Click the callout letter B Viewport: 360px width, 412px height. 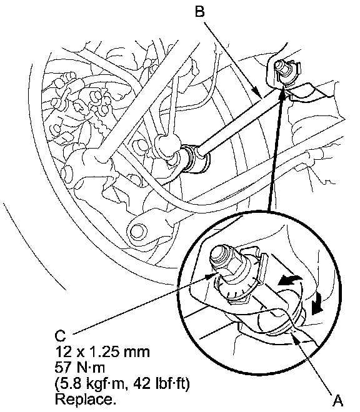click(x=200, y=12)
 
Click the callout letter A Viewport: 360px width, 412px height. click(x=338, y=401)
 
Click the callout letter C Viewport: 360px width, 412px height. click(x=60, y=336)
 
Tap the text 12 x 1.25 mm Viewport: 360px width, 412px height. click(x=102, y=351)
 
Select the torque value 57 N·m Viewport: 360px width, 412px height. click(x=80, y=367)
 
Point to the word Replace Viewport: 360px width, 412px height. click(x=86, y=400)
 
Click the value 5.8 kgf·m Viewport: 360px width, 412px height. click(x=92, y=384)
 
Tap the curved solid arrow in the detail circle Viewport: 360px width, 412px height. click(x=289, y=281)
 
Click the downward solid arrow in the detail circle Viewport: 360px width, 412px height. click(x=317, y=304)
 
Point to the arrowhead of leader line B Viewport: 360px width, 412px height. click(x=257, y=92)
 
